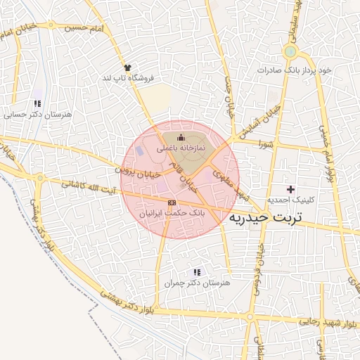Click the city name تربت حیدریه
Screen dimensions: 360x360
tap(265, 217)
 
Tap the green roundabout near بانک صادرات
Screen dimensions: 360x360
tap(289, 52)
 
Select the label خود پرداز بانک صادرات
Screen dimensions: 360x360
tap(295, 70)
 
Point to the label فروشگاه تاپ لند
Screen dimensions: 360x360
tap(127, 77)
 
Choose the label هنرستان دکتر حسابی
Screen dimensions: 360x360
tap(27, 115)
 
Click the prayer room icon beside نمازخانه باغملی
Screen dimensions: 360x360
tap(182, 136)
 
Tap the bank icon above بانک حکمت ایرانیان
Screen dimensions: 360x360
tap(172, 202)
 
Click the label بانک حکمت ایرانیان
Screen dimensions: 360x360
tap(172, 212)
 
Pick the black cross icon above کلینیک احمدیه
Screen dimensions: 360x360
tap(290, 189)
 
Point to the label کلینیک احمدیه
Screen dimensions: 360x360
tap(290, 200)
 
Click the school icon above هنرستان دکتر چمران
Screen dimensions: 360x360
tap(197, 271)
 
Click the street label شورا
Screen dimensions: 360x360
tap(265, 144)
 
